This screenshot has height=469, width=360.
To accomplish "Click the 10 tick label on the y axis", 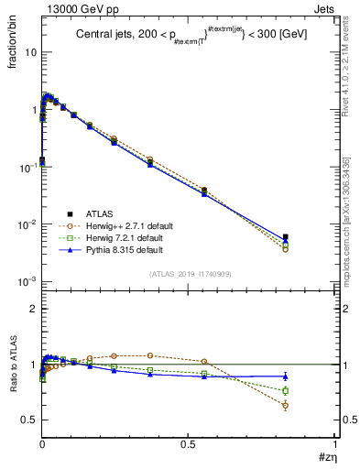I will pyautogui.click(x=30, y=52).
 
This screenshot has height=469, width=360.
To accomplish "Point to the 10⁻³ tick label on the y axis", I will pyautogui.click(x=27, y=281).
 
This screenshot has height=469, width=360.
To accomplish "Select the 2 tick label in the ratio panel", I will pyautogui.click(x=33, y=309).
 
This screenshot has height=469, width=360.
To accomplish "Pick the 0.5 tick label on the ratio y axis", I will pyautogui.click(x=28, y=420).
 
